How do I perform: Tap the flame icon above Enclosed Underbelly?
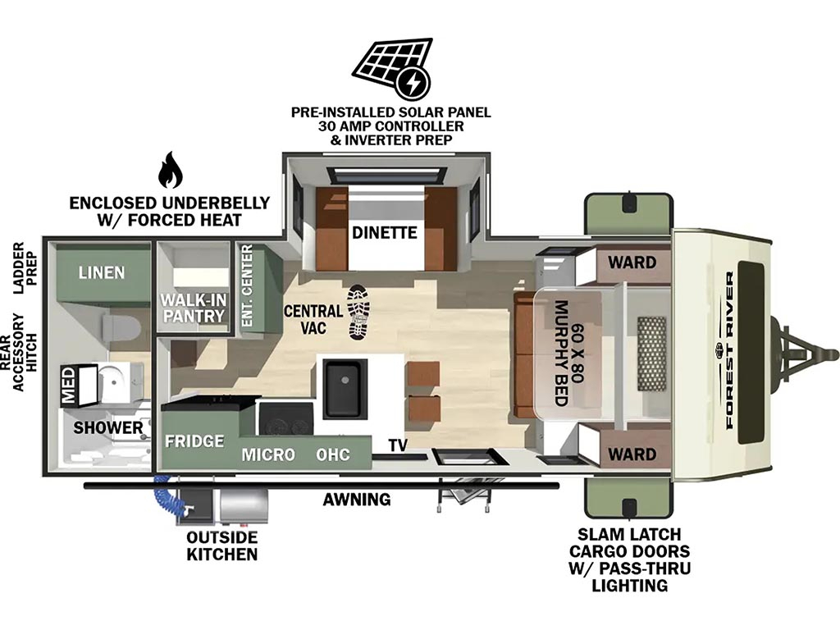tap(171, 170)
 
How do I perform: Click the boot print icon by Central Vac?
tap(358, 312)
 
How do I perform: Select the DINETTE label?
tap(384, 232)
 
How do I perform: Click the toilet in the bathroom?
tap(121, 327)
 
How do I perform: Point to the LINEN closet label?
tap(102, 272)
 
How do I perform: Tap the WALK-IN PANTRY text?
tap(194, 308)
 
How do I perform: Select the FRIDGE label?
tap(194, 441)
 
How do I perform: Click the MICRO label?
tap(268, 454)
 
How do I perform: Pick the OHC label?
tap(333, 454)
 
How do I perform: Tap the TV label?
tap(398, 445)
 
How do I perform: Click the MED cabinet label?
tap(69, 386)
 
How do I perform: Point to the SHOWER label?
tap(108, 427)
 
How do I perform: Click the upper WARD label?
tap(632, 262)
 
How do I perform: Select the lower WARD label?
tap(632, 454)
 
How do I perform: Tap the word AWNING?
tap(357, 500)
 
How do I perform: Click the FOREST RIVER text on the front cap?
tap(729, 350)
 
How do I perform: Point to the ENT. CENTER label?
tap(247, 285)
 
